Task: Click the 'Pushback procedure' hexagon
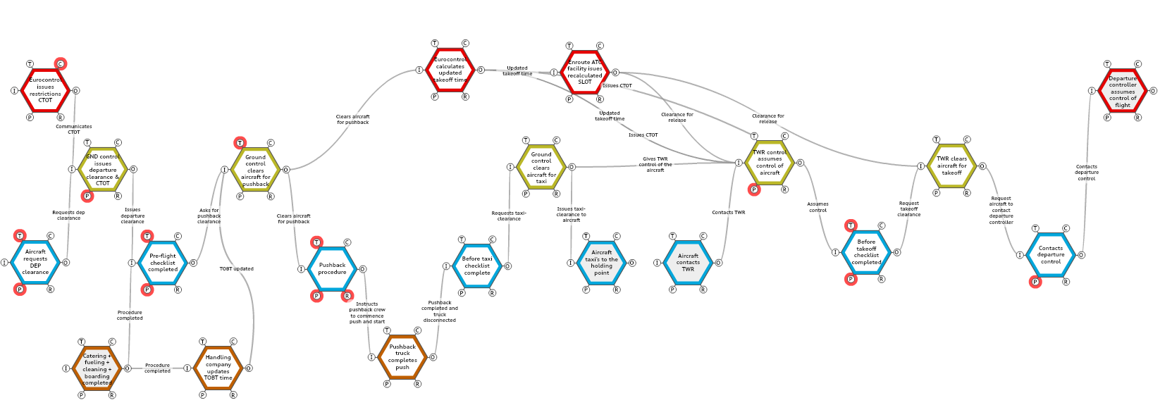pos(332,268)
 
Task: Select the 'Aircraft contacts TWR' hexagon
pos(688,262)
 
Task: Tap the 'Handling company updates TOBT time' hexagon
pos(218,367)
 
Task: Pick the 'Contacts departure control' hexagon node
pos(1050,254)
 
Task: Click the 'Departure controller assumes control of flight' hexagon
pos(1122,91)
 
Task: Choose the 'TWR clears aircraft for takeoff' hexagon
pos(951,166)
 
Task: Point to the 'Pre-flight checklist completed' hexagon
pos(163,263)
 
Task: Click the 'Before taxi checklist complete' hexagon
pos(477,266)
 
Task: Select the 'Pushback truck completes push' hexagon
pos(402,356)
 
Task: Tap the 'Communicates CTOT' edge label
pos(74,130)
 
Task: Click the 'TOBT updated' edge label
pos(237,269)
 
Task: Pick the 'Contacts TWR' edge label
pos(728,212)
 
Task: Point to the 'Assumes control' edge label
pos(818,207)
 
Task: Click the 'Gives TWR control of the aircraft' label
pos(655,164)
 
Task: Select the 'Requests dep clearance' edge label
pos(68,215)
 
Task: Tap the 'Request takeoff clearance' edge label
pos(908,208)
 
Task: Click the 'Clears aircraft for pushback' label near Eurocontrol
pos(352,120)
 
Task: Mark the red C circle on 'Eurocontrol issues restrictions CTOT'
pos(61,64)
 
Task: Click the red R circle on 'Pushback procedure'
pos(347,296)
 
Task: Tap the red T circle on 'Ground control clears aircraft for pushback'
pos(240,144)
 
